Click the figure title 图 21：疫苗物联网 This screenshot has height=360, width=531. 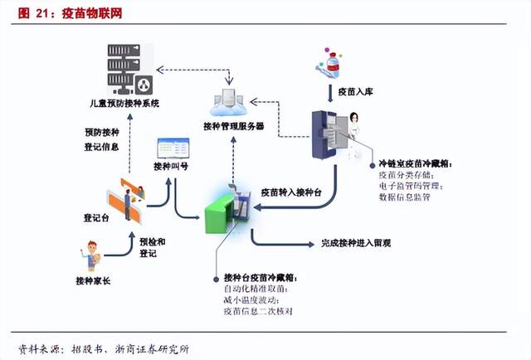56,15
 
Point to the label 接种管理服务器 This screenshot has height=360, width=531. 233,126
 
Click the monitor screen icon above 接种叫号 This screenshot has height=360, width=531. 173,150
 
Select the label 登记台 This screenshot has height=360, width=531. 97,219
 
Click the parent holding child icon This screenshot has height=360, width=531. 94,254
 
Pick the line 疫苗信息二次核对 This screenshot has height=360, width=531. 258,312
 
